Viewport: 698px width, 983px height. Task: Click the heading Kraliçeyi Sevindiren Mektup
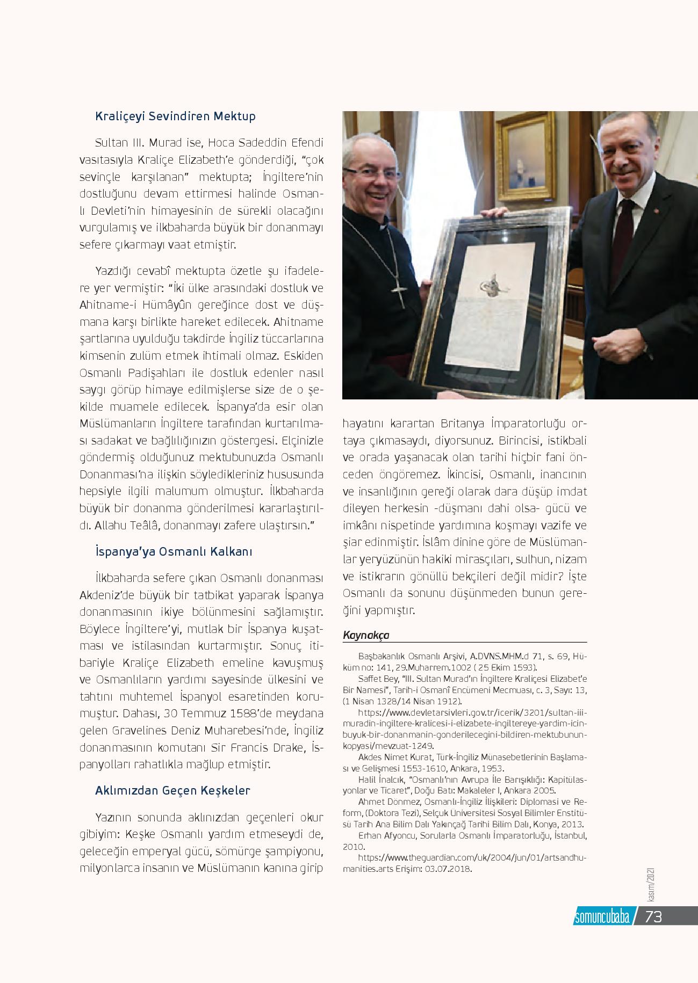point(175,116)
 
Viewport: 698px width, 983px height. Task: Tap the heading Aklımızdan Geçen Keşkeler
point(172,790)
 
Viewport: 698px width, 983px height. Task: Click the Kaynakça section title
point(366,635)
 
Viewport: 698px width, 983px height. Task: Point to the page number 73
point(653,917)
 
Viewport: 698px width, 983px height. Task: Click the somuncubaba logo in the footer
point(602,917)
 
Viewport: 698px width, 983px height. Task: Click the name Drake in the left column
point(291,747)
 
